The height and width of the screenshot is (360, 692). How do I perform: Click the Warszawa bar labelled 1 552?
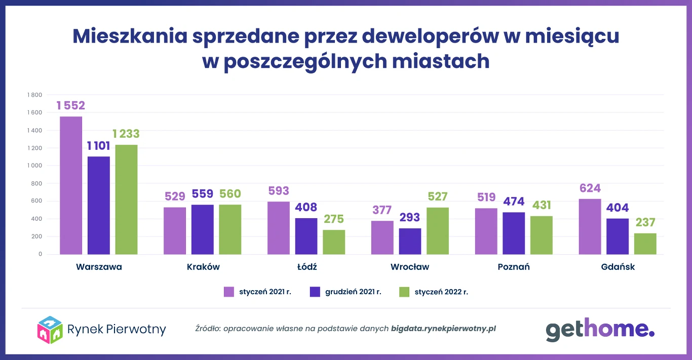coord(71,185)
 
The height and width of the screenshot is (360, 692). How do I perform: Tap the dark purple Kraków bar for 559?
coord(202,229)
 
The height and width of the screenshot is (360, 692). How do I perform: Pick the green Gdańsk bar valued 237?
coord(645,244)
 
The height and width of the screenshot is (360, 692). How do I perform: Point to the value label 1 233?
coord(126,134)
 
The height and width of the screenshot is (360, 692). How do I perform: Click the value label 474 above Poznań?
coord(514,202)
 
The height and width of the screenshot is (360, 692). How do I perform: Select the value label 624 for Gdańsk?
coord(590,188)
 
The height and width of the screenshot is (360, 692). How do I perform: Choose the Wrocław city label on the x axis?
coord(410,267)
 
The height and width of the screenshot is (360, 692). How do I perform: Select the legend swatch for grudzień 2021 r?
coord(315,292)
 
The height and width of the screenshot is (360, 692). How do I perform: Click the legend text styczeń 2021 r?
coord(265,292)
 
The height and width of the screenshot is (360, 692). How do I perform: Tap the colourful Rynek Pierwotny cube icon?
coord(50,329)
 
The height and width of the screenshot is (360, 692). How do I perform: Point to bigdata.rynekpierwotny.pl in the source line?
coord(443,328)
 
